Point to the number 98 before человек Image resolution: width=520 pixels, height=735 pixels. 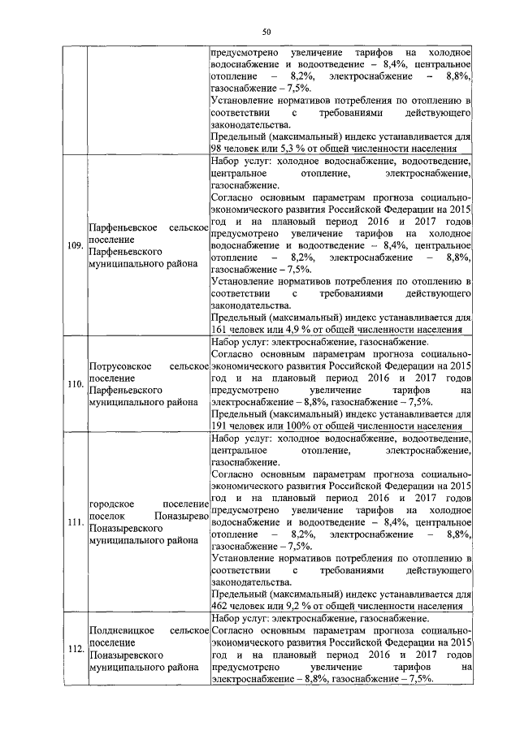coord(216,149)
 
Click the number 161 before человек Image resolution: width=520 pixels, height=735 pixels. coord(219,331)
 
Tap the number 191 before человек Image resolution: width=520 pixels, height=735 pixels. coord(219,424)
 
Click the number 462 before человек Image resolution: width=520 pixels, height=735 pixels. coord(219,605)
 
